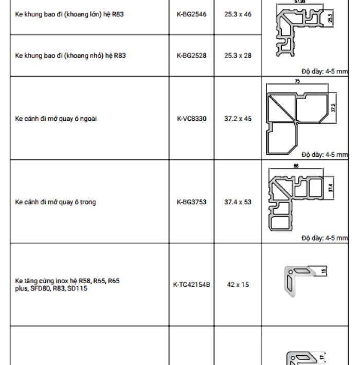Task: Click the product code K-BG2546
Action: [x=191, y=14]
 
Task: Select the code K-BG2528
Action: [x=191, y=56]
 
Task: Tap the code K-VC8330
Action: [x=191, y=119]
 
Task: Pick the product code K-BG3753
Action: [x=191, y=202]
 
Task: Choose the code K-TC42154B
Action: [x=191, y=284]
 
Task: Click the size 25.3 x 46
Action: [x=238, y=14]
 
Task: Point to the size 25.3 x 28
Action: [x=238, y=56]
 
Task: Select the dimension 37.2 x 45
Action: [x=238, y=119]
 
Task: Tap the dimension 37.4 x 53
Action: [x=238, y=202]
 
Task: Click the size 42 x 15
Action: [x=238, y=284]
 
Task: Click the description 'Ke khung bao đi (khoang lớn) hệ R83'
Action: [x=69, y=14]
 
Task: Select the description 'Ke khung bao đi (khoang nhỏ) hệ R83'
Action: [x=70, y=56]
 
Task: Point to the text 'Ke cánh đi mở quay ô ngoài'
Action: [x=56, y=119]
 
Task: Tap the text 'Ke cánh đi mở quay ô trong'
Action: [x=55, y=202]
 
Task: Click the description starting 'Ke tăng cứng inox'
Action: [x=67, y=284]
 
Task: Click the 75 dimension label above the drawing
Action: [x=297, y=81]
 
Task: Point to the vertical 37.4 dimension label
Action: [x=331, y=188]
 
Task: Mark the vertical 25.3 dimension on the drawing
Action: [x=330, y=18]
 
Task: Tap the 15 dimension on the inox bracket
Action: [x=323, y=271]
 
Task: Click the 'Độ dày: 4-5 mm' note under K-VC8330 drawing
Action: [x=325, y=155]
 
